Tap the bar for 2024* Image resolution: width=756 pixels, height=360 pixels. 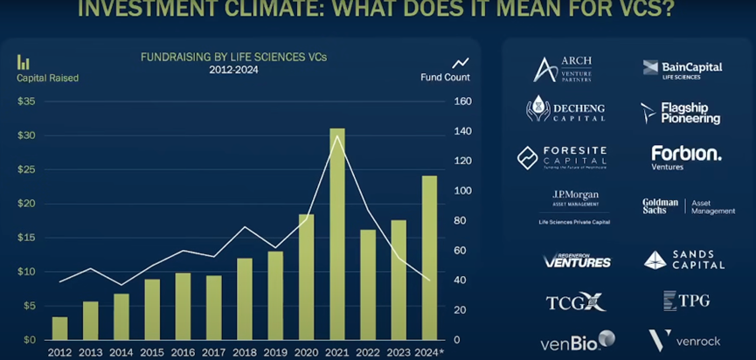pos(429,258)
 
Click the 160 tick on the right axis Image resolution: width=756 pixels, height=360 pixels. pos(462,101)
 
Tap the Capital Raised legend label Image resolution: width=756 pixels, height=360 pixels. pos(47,78)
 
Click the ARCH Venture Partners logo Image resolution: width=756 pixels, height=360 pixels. pos(564,68)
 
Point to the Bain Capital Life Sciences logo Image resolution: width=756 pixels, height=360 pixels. pos(683,68)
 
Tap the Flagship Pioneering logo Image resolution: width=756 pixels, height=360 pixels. pos(681,113)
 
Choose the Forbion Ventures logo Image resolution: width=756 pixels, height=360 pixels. pos(686,157)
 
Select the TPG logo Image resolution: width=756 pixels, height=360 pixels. pos(686,301)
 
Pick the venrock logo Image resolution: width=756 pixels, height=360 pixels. pos(683,340)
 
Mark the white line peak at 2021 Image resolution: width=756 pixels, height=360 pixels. pos(336,136)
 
